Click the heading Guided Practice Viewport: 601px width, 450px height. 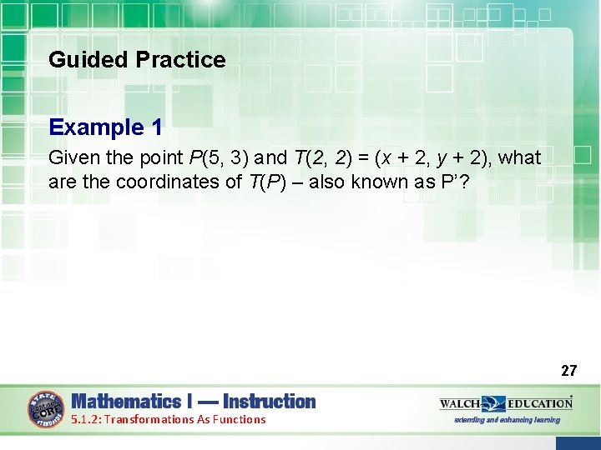tap(137, 60)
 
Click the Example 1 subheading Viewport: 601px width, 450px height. tap(105, 127)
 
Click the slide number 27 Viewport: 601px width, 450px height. tap(568, 370)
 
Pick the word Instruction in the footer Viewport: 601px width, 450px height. tap(269, 402)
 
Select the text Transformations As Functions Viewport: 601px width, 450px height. tap(184, 419)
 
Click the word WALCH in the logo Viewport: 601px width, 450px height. tap(460, 403)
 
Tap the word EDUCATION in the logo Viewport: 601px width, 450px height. tap(539, 403)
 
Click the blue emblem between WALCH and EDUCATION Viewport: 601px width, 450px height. tap(494, 404)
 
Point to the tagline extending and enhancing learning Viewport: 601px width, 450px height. tap(506, 420)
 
